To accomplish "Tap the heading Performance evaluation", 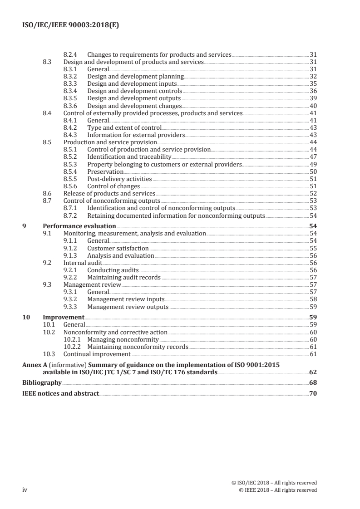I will click(x=79, y=226).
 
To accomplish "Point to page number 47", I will click(x=313, y=157).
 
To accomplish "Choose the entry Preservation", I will click(x=105, y=172).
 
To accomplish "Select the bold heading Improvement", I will click(x=63, y=318).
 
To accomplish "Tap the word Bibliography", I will click(x=42, y=383).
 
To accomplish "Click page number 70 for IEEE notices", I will click(x=313, y=393).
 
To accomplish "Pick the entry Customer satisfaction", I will click(x=118, y=248).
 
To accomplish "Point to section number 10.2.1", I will click(x=72, y=339).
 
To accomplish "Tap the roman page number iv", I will click(x=25, y=490).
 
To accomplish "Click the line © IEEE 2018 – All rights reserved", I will click(x=277, y=490).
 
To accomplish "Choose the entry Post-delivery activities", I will click(x=119, y=179).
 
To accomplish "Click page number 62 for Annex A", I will click(x=313, y=372).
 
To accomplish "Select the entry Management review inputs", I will click(x=126, y=299).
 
